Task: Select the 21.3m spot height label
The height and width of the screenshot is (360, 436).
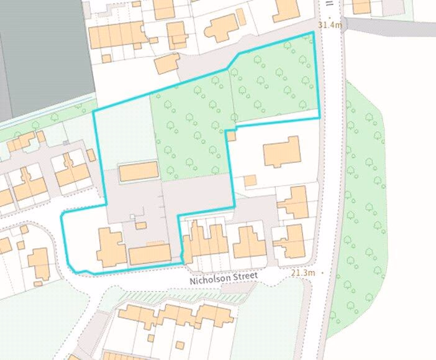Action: click(x=303, y=273)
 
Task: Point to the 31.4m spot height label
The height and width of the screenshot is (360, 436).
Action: click(x=330, y=25)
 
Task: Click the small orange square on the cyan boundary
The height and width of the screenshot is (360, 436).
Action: click(x=231, y=136)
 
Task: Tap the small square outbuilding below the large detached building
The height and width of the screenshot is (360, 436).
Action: click(x=250, y=180)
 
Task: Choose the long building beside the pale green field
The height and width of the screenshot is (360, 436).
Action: click(x=138, y=172)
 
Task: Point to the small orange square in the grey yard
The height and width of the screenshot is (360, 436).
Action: click(x=141, y=225)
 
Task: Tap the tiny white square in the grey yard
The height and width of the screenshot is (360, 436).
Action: click(x=132, y=216)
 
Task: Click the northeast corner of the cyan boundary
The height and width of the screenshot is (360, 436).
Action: click(x=312, y=32)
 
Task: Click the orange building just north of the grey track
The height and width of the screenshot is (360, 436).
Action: click(x=166, y=64)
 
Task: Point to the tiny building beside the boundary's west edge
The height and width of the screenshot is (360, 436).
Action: click(x=91, y=155)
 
